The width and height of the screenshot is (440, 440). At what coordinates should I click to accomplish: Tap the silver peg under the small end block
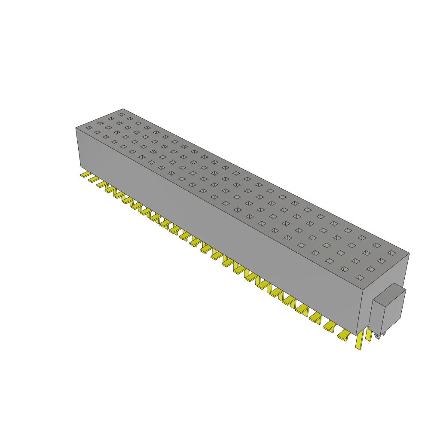pos(378,336)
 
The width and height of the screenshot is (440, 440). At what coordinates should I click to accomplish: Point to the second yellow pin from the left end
pos(94,179)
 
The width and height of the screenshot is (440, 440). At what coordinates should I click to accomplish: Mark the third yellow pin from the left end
pos(102,183)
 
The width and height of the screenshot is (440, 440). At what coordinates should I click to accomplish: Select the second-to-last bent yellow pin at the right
pos(329,327)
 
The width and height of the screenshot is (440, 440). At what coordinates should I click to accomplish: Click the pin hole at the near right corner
pos(359,278)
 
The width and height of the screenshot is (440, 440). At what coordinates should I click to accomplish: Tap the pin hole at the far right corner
pos(391,253)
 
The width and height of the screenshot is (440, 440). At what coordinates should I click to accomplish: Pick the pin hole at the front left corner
pos(89,128)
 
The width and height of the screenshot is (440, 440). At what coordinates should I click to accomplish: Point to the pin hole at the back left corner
pos(122,115)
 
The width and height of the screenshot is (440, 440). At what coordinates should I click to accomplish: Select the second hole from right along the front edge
pos(344,269)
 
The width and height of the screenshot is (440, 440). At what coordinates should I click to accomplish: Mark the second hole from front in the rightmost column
pos(370,269)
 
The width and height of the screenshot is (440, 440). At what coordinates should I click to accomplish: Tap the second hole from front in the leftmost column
pos(100,123)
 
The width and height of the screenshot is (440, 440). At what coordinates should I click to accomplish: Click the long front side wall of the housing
pos(215,223)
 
